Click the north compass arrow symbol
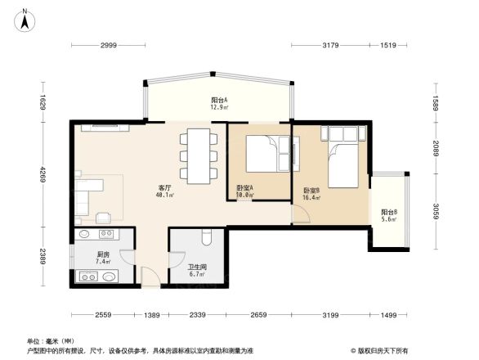click(x=25, y=18)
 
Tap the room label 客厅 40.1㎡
click(x=163, y=191)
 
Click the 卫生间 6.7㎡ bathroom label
click(x=197, y=270)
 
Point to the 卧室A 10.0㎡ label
click(x=244, y=191)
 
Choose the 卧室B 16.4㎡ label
click(x=311, y=193)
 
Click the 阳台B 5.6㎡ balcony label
click(x=389, y=215)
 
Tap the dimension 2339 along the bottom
click(x=198, y=315)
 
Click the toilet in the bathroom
click(x=206, y=239)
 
